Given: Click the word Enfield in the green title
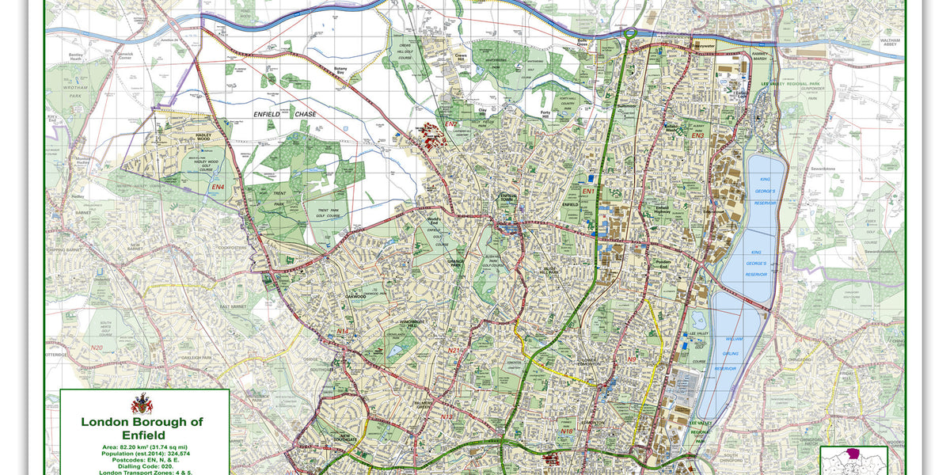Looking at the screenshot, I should [142, 435].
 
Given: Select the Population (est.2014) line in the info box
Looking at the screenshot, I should [142, 454].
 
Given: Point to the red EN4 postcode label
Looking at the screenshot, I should [218, 187].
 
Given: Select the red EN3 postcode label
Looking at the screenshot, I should [697, 136].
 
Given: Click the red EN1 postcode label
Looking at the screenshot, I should [588, 192].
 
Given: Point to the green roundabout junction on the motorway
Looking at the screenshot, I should [631, 33].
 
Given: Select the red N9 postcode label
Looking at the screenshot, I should [632, 360].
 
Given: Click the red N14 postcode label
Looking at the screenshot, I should [343, 331].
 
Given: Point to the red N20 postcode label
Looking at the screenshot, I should [97, 348].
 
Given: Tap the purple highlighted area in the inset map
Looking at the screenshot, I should [852, 454].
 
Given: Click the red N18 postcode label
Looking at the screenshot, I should [567, 431].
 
